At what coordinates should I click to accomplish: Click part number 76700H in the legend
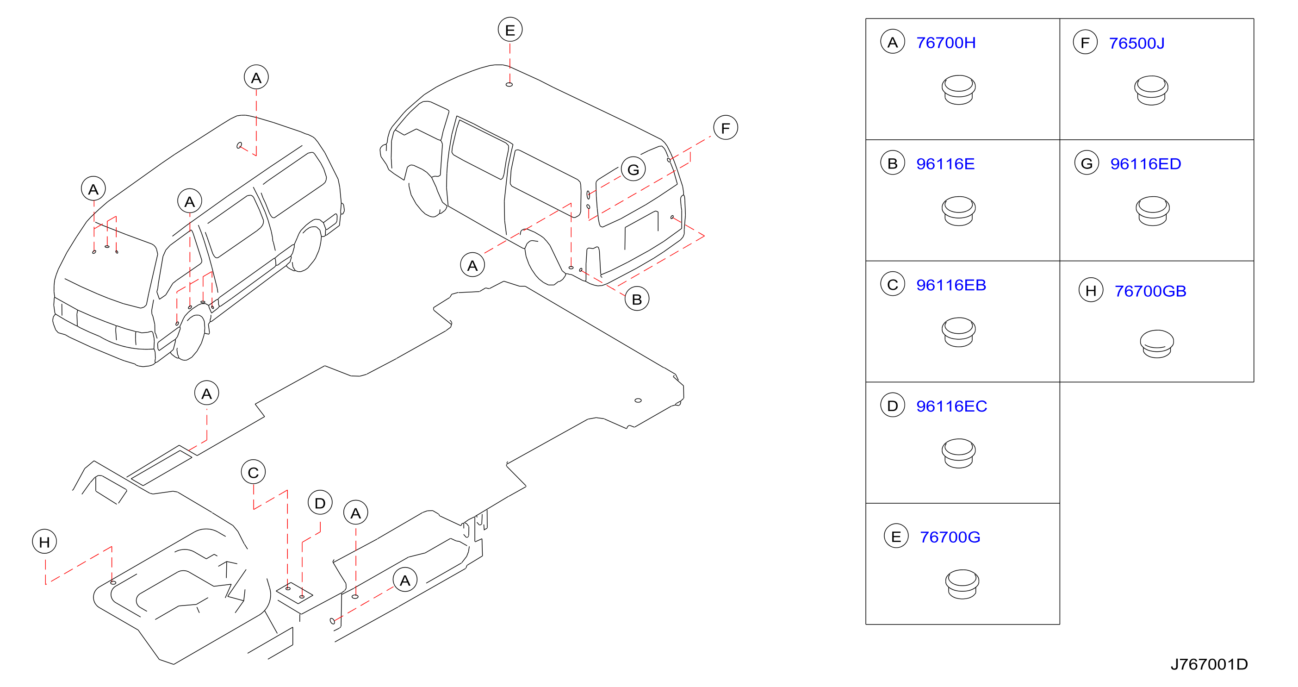(x=945, y=43)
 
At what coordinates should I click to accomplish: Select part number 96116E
(x=945, y=164)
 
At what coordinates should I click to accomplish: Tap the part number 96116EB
(x=950, y=285)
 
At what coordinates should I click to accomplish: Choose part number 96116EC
(x=951, y=406)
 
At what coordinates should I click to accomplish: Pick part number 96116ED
(x=1145, y=164)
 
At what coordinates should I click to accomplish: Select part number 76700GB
(x=1150, y=291)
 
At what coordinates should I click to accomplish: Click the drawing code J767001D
(x=1209, y=664)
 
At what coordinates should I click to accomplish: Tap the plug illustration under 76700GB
(x=1156, y=344)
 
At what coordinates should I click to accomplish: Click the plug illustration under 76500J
(x=1151, y=90)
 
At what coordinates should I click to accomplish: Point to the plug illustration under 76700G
(x=962, y=584)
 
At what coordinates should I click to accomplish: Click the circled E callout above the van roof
(x=510, y=30)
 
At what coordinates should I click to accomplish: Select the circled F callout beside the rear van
(x=725, y=128)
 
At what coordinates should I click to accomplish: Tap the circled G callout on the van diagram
(x=633, y=169)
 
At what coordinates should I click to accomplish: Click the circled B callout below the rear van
(x=636, y=300)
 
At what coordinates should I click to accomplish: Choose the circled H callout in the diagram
(x=44, y=542)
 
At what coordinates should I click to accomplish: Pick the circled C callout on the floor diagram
(x=253, y=472)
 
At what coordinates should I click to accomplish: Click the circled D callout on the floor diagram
(x=320, y=503)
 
